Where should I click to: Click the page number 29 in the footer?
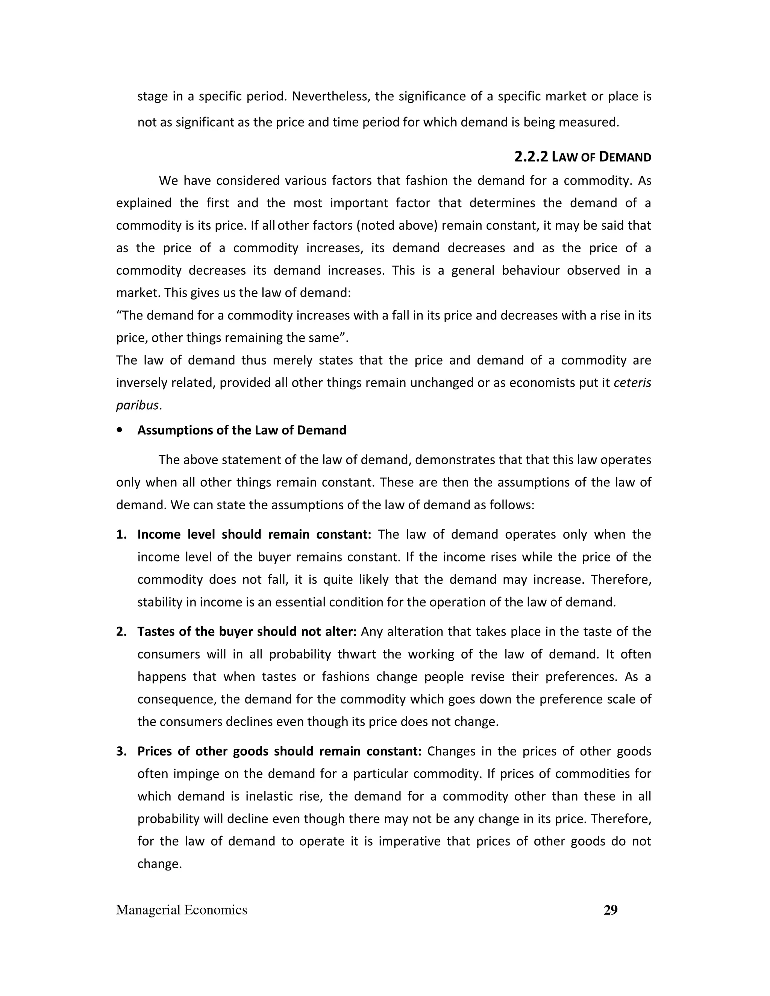[610, 910]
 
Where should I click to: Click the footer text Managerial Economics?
[182, 910]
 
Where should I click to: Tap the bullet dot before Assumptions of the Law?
[120, 430]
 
